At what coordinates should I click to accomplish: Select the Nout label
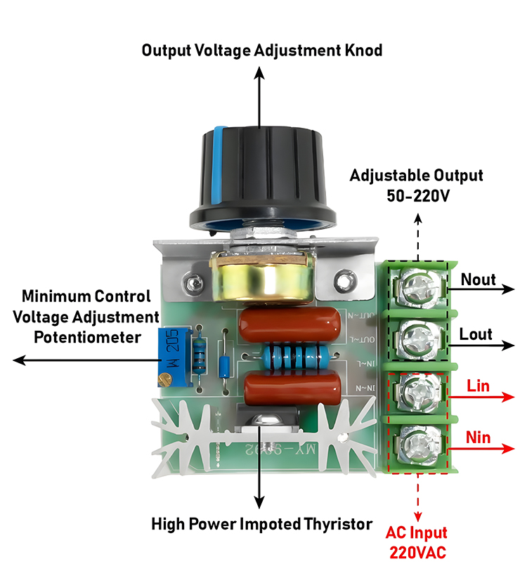point(478,280)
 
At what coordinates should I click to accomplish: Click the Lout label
point(476,334)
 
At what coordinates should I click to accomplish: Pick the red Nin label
point(479,439)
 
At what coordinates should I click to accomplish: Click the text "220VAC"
point(418,552)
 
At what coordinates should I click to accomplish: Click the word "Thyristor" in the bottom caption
point(333,523)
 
